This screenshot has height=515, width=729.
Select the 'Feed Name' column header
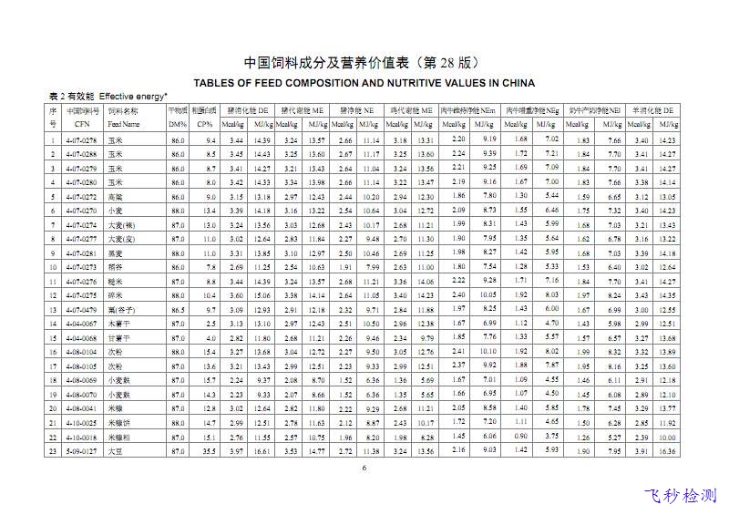(124, 123)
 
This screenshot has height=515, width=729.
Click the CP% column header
(206, 123)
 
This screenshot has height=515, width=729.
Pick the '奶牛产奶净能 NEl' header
(592, 109)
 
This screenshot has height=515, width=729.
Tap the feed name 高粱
(115, 197)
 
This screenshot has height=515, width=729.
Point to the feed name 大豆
(115, 450)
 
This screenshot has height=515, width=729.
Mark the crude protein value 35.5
(209, 450)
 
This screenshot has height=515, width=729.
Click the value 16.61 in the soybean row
(262, 450)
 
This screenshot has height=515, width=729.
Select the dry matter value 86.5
(178, 310)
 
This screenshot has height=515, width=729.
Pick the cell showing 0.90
(520, 437)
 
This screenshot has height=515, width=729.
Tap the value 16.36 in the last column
(667, 450)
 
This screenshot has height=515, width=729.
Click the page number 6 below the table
(364, 469)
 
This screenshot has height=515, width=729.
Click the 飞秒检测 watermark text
(680, 496)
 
